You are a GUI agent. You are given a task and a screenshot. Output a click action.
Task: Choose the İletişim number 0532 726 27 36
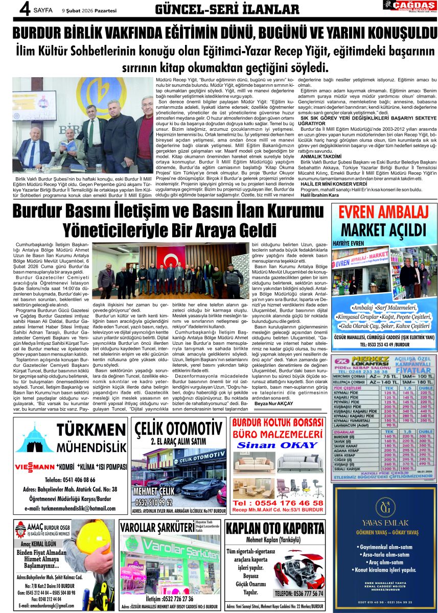(169, 599)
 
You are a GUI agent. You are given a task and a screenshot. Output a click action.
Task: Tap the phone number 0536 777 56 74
(298, 594)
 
